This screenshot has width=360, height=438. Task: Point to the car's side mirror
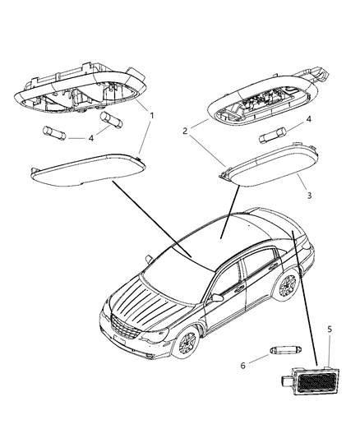click(216, 293)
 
